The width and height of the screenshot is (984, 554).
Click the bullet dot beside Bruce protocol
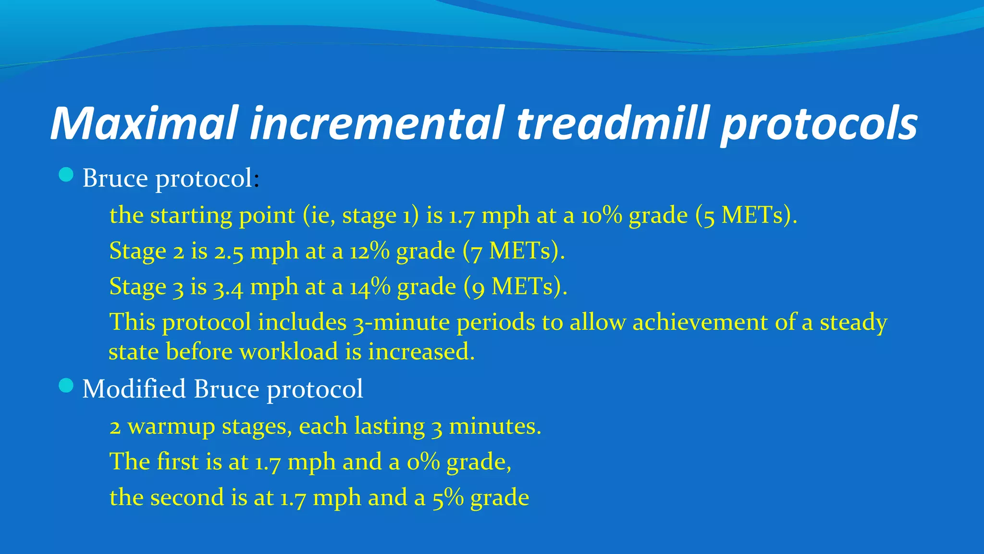point(66,175)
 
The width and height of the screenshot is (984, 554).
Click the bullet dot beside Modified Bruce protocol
point(66,386)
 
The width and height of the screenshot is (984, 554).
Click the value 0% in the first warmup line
point(423,462)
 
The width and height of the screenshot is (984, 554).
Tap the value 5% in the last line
point(448,498)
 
